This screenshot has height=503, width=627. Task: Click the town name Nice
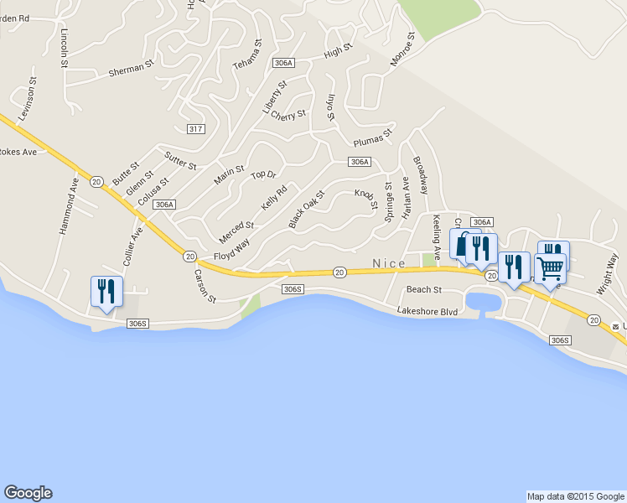(388, 263)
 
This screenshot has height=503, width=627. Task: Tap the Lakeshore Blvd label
(428, 311)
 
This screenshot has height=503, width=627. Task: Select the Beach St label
(423, 290)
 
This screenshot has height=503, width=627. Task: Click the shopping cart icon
(551, 269)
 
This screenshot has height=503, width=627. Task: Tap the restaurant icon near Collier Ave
(106, 291)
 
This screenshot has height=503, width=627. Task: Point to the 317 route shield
(195, 127)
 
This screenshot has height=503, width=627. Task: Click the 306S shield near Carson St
(292, 289)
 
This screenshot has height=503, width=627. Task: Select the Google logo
(28, 493)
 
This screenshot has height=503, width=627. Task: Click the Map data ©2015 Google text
(575, 496)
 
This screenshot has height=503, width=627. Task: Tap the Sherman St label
(132, 69)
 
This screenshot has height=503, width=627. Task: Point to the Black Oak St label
(306, 209)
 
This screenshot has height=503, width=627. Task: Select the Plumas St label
(373, 137)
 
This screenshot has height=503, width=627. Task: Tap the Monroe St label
(402, 49)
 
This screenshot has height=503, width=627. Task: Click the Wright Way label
(608, 273)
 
